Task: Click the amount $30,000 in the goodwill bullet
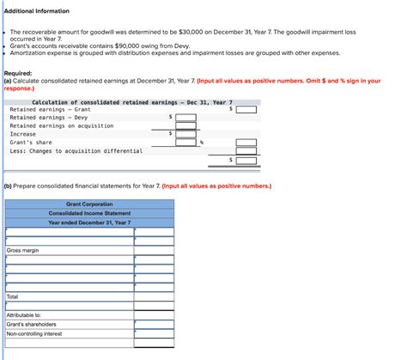point(191,29)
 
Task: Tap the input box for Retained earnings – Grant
point(246,109)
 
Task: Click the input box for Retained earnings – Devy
point(185,117)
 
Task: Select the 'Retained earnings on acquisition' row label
point(62,125)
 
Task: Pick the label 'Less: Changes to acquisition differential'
point(76,150)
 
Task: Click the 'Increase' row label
point(23,134)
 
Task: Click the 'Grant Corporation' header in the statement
point(90,204)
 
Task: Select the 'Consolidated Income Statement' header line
point(90,213)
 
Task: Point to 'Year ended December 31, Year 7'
point(90,223)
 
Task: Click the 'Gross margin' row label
point(23,250)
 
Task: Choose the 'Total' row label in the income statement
point(13,296)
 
